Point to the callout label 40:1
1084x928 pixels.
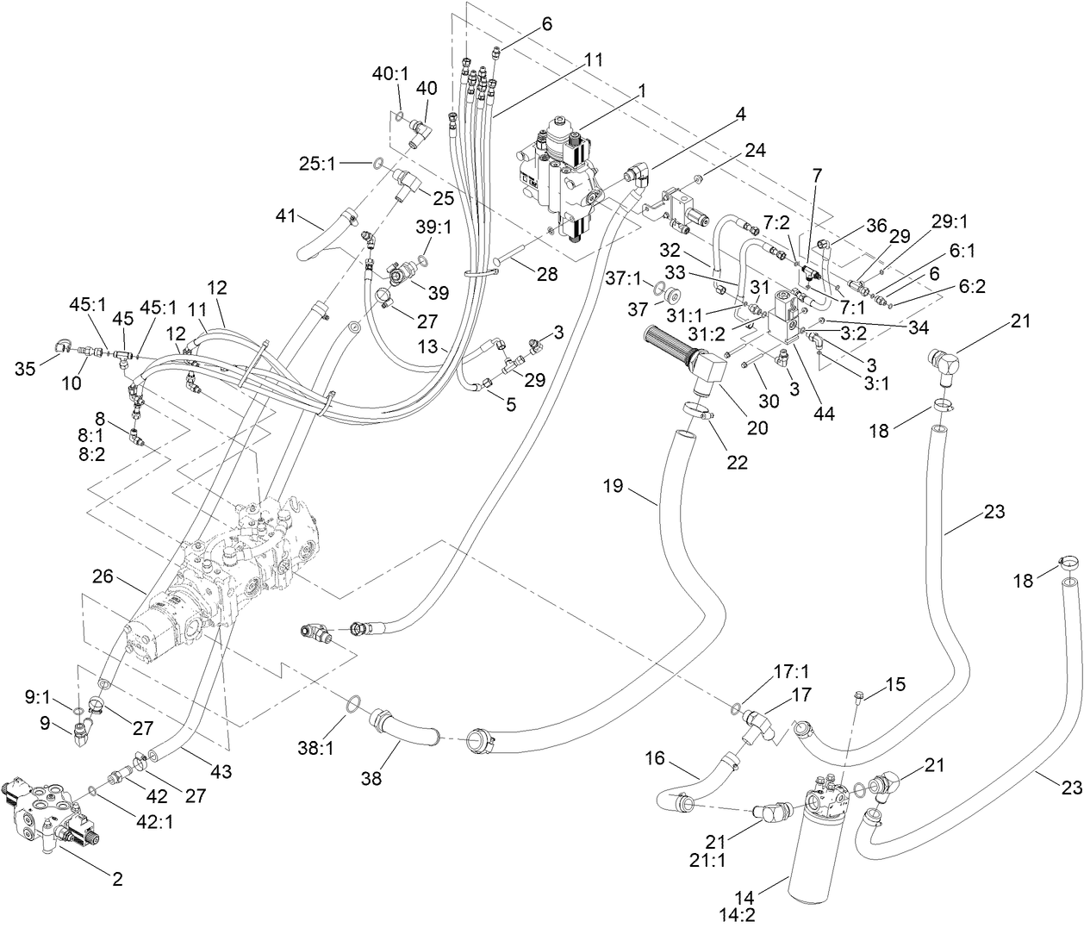390,74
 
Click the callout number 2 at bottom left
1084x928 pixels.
117,880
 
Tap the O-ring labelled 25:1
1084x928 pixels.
378,161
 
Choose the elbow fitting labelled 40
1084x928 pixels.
421,131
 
